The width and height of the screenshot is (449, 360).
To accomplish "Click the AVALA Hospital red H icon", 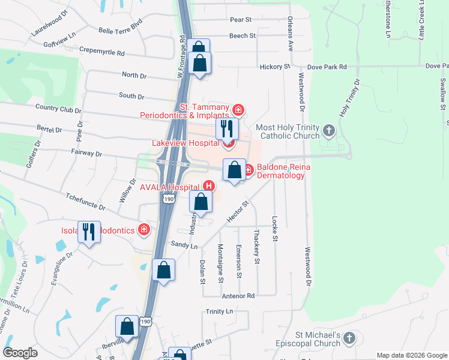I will coord(209,186).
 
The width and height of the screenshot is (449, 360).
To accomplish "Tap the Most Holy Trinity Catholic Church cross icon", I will coord(328,130).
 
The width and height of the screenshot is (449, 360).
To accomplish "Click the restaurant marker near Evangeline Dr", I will coord(89,232).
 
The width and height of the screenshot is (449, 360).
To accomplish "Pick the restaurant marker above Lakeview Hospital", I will coord(227,128).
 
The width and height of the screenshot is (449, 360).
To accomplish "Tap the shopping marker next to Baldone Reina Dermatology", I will coord(234,170).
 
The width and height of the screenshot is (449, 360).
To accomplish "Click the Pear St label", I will coord(240,20).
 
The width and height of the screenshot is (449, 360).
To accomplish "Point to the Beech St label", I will coord(242,36).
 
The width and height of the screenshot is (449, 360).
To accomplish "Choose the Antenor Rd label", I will coord(238,296).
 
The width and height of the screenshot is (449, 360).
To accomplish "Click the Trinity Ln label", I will coord(219,311).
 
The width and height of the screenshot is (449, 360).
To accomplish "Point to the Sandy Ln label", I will coord(184,245).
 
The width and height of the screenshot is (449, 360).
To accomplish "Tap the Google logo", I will coord(20,353).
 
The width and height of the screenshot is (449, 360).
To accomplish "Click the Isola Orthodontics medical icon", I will coord(143,229).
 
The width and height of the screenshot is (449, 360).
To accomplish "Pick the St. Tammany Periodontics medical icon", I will coord(238,110).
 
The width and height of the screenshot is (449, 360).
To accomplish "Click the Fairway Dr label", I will coord(86,154).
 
